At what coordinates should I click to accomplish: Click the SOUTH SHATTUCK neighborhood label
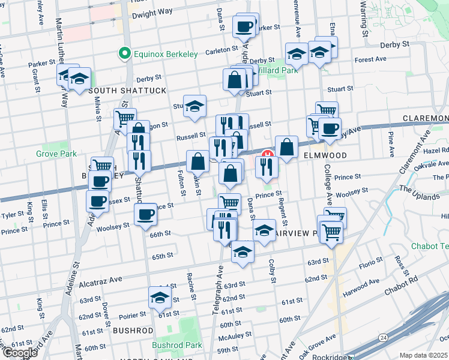(x=127, y=91)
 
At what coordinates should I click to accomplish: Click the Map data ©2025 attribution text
(x=423, y=355)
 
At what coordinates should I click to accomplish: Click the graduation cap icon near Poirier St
(x=160, y=297)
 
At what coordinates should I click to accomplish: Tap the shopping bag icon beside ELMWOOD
(x=287, y=146)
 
